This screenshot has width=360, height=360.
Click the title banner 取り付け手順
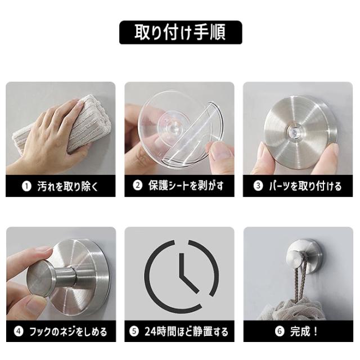click(x=181, y=33)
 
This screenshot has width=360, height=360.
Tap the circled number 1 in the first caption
click(x=26, y=186)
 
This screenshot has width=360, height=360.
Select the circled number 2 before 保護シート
click(x=137, y=186)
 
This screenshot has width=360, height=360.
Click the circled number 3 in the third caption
click(x=258, y=186)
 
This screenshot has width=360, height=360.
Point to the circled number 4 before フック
click(x=19, y=331)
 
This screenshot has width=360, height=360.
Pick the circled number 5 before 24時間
click(x=134, y=331)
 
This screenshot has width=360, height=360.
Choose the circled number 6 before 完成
click(x=280, y=331)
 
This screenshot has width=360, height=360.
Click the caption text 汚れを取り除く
click(x=68, y=186)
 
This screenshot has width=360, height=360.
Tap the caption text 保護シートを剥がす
click(x=186, y=186)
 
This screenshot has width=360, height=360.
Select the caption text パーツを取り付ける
click(x=305, y=186)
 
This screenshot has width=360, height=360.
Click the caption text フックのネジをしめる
click(x=68, y=331)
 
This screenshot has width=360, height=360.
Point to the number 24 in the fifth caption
click(x=150, y=331)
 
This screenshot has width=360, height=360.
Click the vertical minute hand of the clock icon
click(x=182, y=264)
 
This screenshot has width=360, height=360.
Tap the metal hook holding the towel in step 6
click(x=304, y=256)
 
